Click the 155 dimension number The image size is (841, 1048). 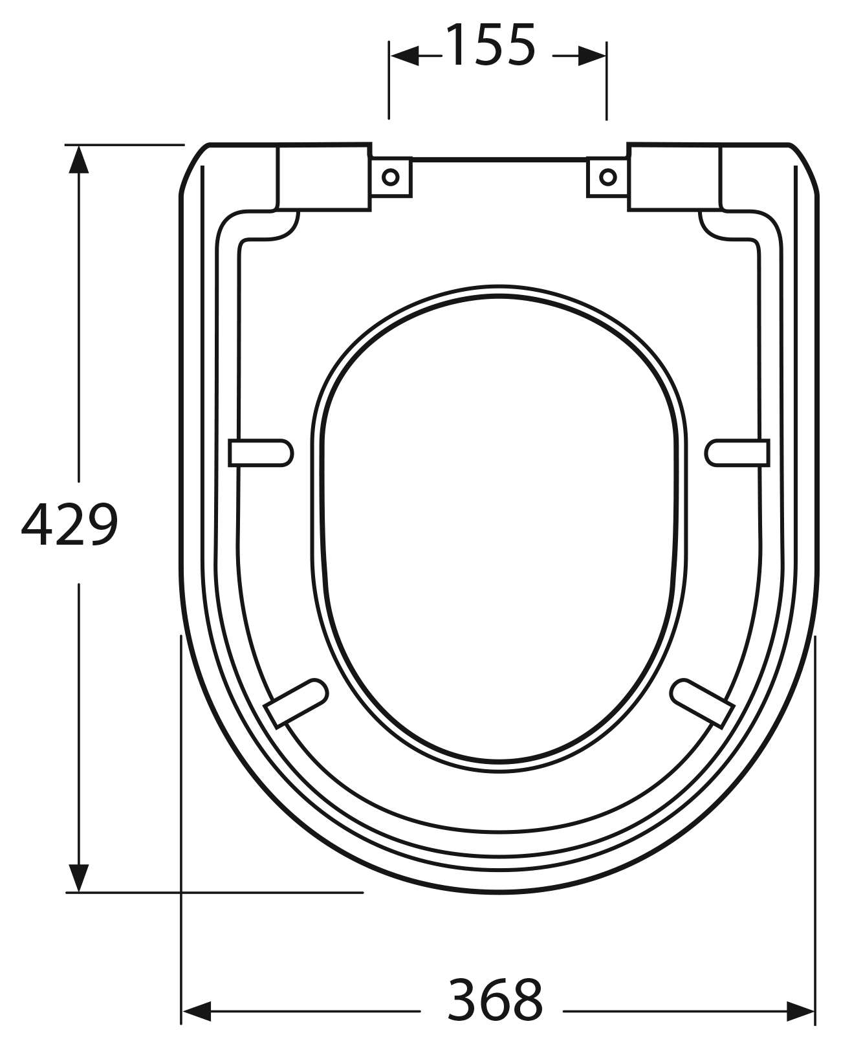(x=491, y=47)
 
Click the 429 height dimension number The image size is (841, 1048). (x=70, y=525)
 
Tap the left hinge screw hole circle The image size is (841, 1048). (x=391, y=177)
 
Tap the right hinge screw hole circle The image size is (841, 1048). (x=608, y=177)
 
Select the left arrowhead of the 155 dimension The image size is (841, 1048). (x=404, y=56)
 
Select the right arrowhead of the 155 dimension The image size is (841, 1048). (x=591, y=56)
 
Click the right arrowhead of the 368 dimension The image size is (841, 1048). (x=800, y=1010)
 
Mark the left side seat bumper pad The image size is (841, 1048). (x=261, y=452)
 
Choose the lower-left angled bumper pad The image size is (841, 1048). (x=297, y=703)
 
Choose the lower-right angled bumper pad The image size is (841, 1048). (x=701, y=703)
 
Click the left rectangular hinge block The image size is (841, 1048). (x=324, y=178)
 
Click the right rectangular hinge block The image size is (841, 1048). (x=674, y=178)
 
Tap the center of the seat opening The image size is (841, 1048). (x=499, y=527)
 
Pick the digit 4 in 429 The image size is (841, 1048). (x=37, y=525)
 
